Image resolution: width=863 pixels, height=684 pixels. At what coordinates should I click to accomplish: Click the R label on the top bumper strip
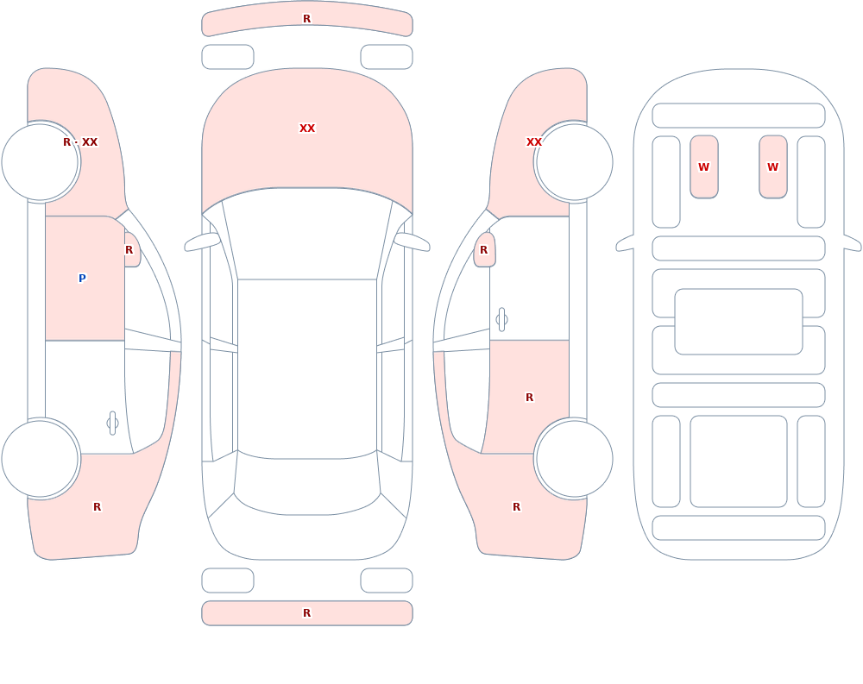[x=307, y=19]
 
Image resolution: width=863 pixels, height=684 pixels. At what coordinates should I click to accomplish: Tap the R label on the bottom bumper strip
[x=307, y=613]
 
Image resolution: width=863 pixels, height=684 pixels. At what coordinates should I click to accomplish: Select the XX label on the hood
[x=307, y=129]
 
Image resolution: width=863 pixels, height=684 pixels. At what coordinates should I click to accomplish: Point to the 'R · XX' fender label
[x=80, y=142]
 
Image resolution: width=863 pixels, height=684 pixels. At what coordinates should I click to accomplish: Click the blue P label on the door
[x=82, y=278]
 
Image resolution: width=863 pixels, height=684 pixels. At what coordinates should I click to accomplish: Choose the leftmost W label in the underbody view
[x=704, y=166]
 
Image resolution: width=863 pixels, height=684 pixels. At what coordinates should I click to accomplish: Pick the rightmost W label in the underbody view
[x=772, y=166]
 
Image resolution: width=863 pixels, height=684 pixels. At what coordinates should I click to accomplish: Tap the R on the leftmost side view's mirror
[x=129, y=250]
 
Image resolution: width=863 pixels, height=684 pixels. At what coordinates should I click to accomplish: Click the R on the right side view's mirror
[x=484, y=250]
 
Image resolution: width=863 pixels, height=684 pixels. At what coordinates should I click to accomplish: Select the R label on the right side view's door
[x=530, y=398]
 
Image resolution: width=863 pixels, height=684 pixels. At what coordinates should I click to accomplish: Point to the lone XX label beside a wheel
[x=534, y=142]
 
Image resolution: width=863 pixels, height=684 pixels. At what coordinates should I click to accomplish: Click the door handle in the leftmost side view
[x=112, y=424]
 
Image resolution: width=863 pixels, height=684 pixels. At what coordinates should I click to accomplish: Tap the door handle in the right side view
[x=501, y=320]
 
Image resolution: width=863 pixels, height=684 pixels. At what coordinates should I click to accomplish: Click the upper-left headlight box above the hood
[x=228, y=57]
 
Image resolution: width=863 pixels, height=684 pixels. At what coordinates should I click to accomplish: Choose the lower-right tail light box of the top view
[x=387, y=580]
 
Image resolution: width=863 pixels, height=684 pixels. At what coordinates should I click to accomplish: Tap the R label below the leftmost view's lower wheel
[x=97, y=507]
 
